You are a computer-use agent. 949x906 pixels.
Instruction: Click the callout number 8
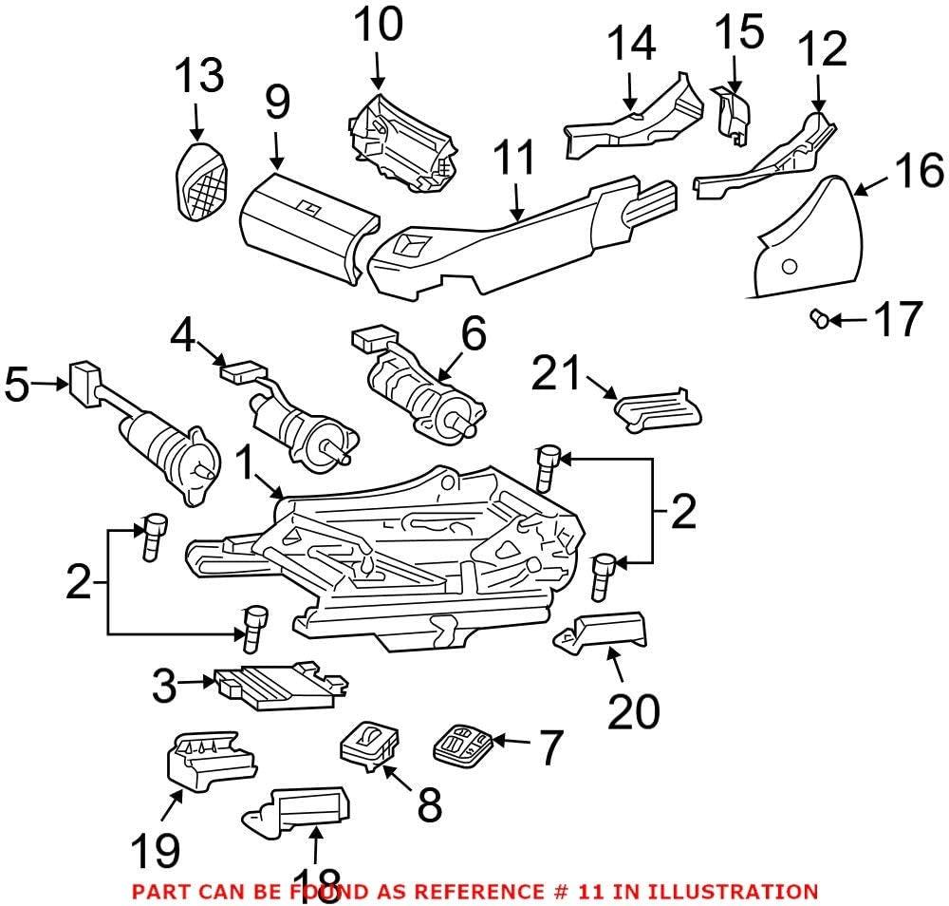tap(428, 806)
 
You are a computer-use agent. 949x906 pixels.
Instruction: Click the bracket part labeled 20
tap(604, 633)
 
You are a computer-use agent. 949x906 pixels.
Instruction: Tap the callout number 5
tap(18, 386)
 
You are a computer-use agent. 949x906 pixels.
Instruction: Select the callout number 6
tap(473, 334)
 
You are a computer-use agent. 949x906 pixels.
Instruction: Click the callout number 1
tap(244, 464)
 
